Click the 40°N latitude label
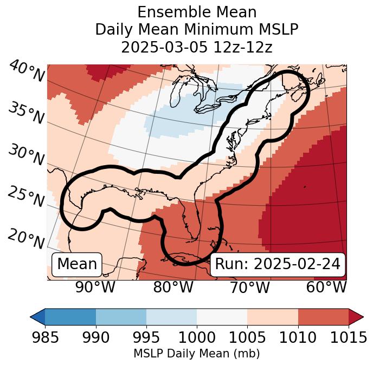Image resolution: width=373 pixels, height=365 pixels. click(26, 71)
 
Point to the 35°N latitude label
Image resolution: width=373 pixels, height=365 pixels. click(25, 112)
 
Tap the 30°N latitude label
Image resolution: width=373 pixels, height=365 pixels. click(25, 155)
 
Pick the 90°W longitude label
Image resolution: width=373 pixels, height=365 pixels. click(95, 287)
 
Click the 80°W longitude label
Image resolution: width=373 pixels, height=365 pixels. click(173, 287)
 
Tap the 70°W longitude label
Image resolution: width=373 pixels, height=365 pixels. click(250, 287)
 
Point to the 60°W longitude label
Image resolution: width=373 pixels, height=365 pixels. click(326, 287)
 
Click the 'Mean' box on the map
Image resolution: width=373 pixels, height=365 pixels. click(77, 264)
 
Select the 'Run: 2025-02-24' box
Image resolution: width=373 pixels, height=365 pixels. click(278, 264)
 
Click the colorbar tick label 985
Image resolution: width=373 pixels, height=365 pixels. click(45, 337)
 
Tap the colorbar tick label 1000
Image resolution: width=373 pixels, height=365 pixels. click(197, 337)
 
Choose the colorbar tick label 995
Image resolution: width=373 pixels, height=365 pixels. click(146, 337)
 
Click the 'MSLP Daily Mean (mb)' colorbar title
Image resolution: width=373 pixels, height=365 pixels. click(197, 354)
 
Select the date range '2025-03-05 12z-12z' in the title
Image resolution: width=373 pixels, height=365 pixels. click(197, 47)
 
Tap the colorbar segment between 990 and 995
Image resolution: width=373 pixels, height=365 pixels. click(121, 316)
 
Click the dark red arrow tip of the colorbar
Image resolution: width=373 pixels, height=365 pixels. click(356, 316)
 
